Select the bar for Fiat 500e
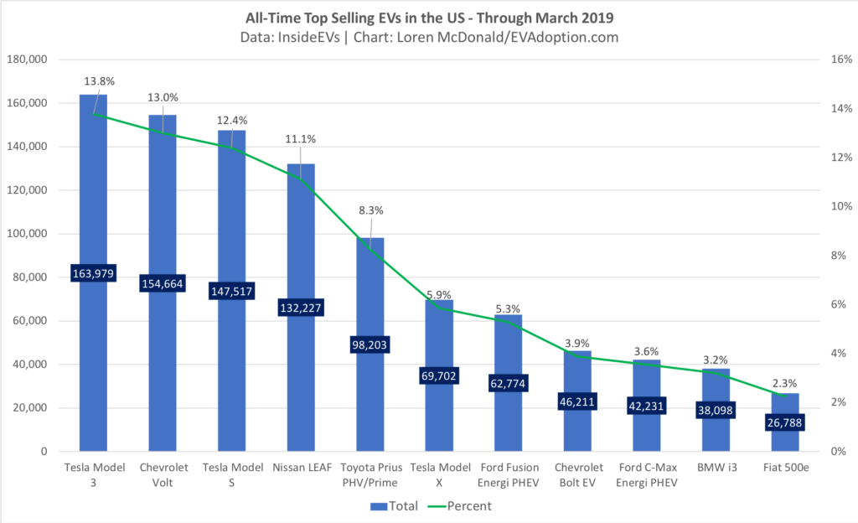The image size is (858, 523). (x=785, y=402)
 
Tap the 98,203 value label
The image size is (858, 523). (x=370, y=344)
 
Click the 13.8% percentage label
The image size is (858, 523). (x=99, y=81)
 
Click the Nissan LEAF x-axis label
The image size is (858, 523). (x=301, y=467)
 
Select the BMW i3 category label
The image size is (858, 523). (x=716, y=467)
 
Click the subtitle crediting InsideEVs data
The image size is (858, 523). (x=428, y=38)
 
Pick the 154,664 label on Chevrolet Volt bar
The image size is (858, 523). (x=163, y=282)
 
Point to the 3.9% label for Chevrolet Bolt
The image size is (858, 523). (x=577, y=343)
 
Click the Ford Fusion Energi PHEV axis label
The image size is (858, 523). (x=508, y=474)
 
